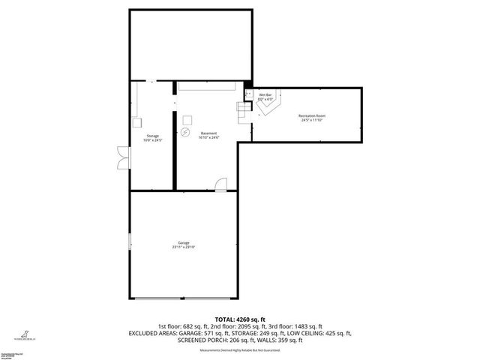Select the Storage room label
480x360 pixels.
(153, 136)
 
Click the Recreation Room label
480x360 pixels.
(311, 115)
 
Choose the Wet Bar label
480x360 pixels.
(265, 94)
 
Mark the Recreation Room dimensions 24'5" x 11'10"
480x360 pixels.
(311, 120)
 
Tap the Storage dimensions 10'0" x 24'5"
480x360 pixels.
(153, 141)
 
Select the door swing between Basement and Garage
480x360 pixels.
(220, 184)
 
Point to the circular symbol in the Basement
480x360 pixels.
(185, 133)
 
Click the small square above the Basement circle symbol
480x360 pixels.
(186, 119)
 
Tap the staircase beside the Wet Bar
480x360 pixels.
(245, 111)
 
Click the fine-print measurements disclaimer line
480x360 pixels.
(239, 350)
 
